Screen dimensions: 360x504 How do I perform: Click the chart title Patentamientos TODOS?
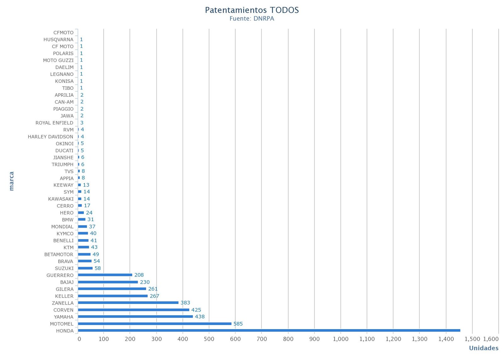tap(252, 10)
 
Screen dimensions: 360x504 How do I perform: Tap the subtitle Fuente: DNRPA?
tap(252, 19)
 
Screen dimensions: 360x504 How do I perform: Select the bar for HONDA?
tap(269, 330)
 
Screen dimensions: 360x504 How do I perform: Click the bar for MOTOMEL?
tap(154, 323)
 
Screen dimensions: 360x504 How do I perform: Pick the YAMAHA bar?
tap(135, 317)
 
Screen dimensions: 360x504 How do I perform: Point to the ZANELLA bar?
tap(128, 303)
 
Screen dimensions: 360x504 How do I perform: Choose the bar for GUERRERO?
tap(105, 275)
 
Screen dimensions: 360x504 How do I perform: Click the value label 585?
tap(238, 324)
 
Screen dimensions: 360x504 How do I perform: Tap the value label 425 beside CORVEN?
tap(196, 310)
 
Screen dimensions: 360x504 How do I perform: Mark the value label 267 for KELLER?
tap(154, 296)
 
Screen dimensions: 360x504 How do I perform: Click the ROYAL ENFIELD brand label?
tap(54, 123)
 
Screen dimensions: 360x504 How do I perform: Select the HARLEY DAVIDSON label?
tap(50, 137)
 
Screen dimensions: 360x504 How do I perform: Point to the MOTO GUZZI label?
tap(58, 60)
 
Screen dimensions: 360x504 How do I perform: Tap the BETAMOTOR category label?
tap(59, 254)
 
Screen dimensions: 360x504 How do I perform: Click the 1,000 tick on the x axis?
tap(341, 339)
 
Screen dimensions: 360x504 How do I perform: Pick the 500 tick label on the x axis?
tap(209, 339)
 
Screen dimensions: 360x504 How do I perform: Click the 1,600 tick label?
tap(491, 339)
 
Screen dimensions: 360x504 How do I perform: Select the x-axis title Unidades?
tap(484, 348)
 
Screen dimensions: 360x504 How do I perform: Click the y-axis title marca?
tap(12, 181)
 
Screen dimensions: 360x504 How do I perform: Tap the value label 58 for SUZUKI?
tap(98, 268)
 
